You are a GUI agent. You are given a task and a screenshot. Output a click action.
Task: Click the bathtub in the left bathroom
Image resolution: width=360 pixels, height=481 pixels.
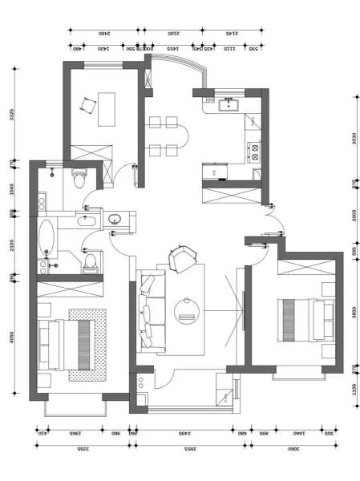click(x=47, y=236)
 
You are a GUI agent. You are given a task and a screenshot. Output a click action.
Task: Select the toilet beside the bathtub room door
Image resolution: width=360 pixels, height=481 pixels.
click(x=91, y=260)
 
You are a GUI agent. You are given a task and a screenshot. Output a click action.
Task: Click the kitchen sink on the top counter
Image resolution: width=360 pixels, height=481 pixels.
click(x=231, y=103)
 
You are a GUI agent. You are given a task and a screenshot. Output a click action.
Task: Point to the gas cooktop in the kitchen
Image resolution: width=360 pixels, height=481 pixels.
click(x=256, y=152)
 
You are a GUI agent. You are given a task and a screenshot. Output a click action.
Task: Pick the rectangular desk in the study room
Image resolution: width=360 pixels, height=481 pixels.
click(x=106, y=109)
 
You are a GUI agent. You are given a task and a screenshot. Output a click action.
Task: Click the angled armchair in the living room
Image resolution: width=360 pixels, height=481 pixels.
click(x=183, y=257)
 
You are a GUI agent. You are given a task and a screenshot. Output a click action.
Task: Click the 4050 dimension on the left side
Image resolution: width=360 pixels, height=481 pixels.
click(x=12, y=338)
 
